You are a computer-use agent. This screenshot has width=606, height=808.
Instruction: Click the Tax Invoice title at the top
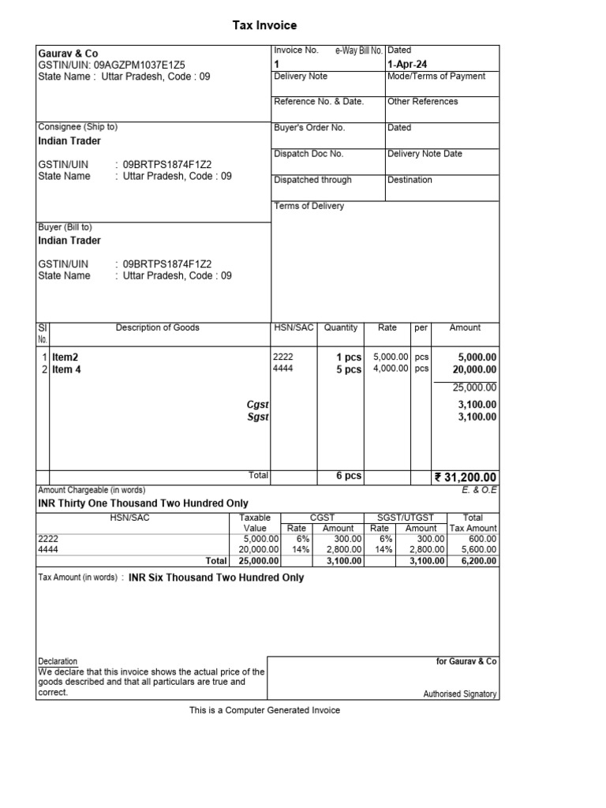click(x=264, y=26)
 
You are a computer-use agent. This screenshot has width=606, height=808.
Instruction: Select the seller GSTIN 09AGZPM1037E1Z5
click(x=139, y=65)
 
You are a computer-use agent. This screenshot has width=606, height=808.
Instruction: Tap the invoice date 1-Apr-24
click(x=407, y=64)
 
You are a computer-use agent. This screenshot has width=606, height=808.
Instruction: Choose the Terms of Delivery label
click(x=309, y=206)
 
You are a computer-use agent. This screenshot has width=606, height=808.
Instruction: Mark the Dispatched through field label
click(x=312, y=180)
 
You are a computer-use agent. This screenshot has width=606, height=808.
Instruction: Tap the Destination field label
click(x=410, y=180)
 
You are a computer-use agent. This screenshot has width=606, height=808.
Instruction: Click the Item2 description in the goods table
click(x=65, y=357)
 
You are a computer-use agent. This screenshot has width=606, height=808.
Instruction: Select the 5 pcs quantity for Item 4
click(x=349, y=369)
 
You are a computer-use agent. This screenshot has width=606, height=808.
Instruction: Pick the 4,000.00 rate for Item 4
click(x=391, y=368)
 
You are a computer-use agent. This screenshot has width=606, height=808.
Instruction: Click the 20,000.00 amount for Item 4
click(x=473, y=369)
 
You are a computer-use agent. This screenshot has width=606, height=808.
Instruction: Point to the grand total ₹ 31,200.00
click(x=466, y=477)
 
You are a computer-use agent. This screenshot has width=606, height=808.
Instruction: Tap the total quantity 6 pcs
click(x=349, y=476)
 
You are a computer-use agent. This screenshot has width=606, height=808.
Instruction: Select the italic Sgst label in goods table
click(x=257, y=417)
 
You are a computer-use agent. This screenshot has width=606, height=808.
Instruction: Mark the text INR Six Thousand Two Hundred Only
click(x=216, y=578)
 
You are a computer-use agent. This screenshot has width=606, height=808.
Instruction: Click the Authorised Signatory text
click(x=460, y=694)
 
